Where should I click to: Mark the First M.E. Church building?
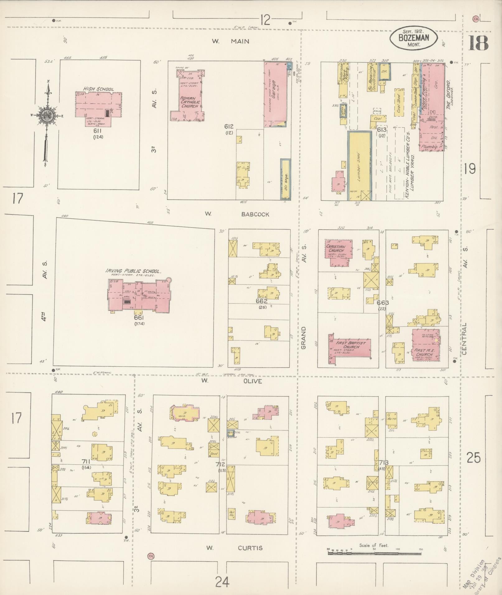(425, 345)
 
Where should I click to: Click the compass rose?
(47, 116)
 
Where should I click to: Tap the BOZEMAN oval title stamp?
(414, 38)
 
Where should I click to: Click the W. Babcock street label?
(237, 214)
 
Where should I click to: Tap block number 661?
(139, 318)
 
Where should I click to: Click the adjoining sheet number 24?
(222, 581)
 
